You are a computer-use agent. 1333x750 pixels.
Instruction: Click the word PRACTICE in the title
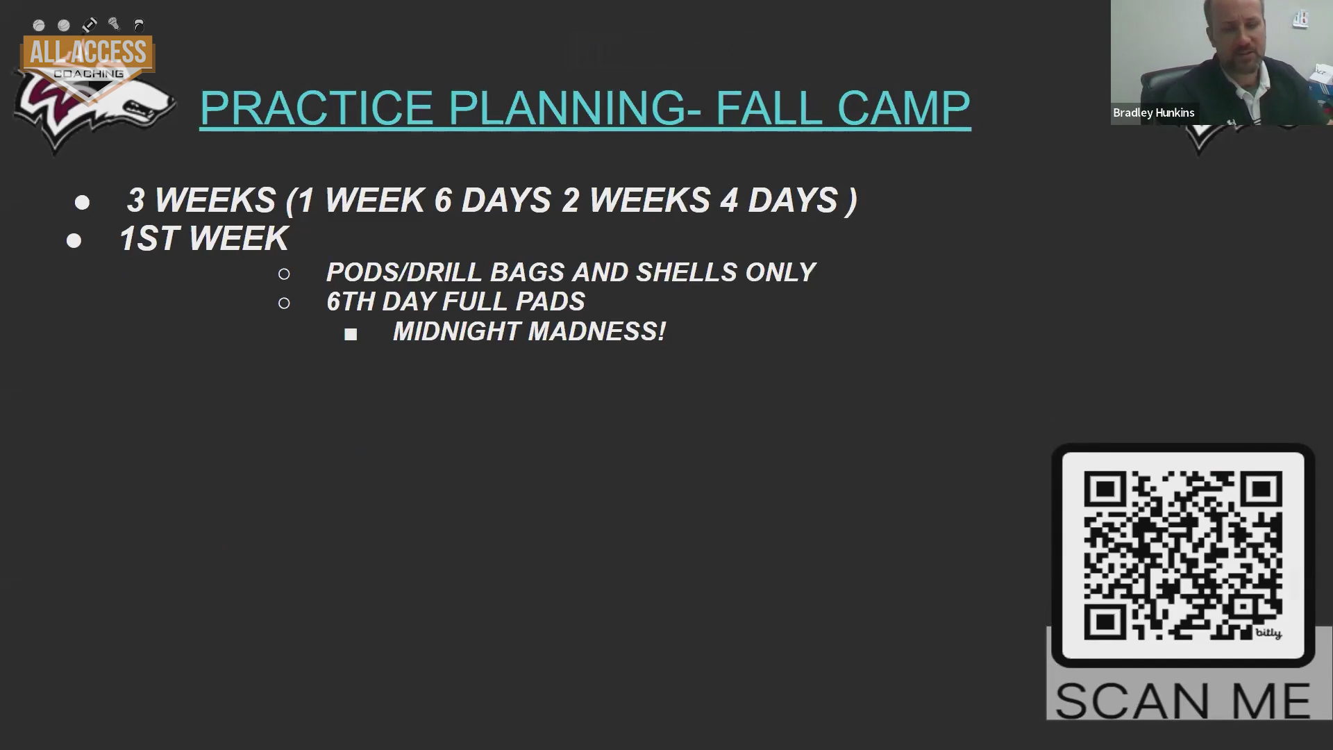pos(317,108)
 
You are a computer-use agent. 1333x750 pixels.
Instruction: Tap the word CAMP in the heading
pos(903,108)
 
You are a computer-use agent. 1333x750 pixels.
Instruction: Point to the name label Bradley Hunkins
pos(1154,112)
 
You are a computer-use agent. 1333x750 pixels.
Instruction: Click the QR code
pos(1182,555)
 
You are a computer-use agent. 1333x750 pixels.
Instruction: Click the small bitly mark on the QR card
pos(1268,633)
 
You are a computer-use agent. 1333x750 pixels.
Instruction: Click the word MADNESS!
pos(597,331)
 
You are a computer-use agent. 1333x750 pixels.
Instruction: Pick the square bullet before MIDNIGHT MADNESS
pos(351,335)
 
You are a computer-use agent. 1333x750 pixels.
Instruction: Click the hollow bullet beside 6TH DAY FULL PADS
pos(284,303)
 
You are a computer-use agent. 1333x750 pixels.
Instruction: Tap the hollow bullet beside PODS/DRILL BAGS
pos(284,274)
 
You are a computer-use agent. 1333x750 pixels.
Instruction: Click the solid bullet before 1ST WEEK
pos(74,241)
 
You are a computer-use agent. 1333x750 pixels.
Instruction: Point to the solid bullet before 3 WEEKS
pos(82,203)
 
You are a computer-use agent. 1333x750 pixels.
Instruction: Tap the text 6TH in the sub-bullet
pos(351,301)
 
